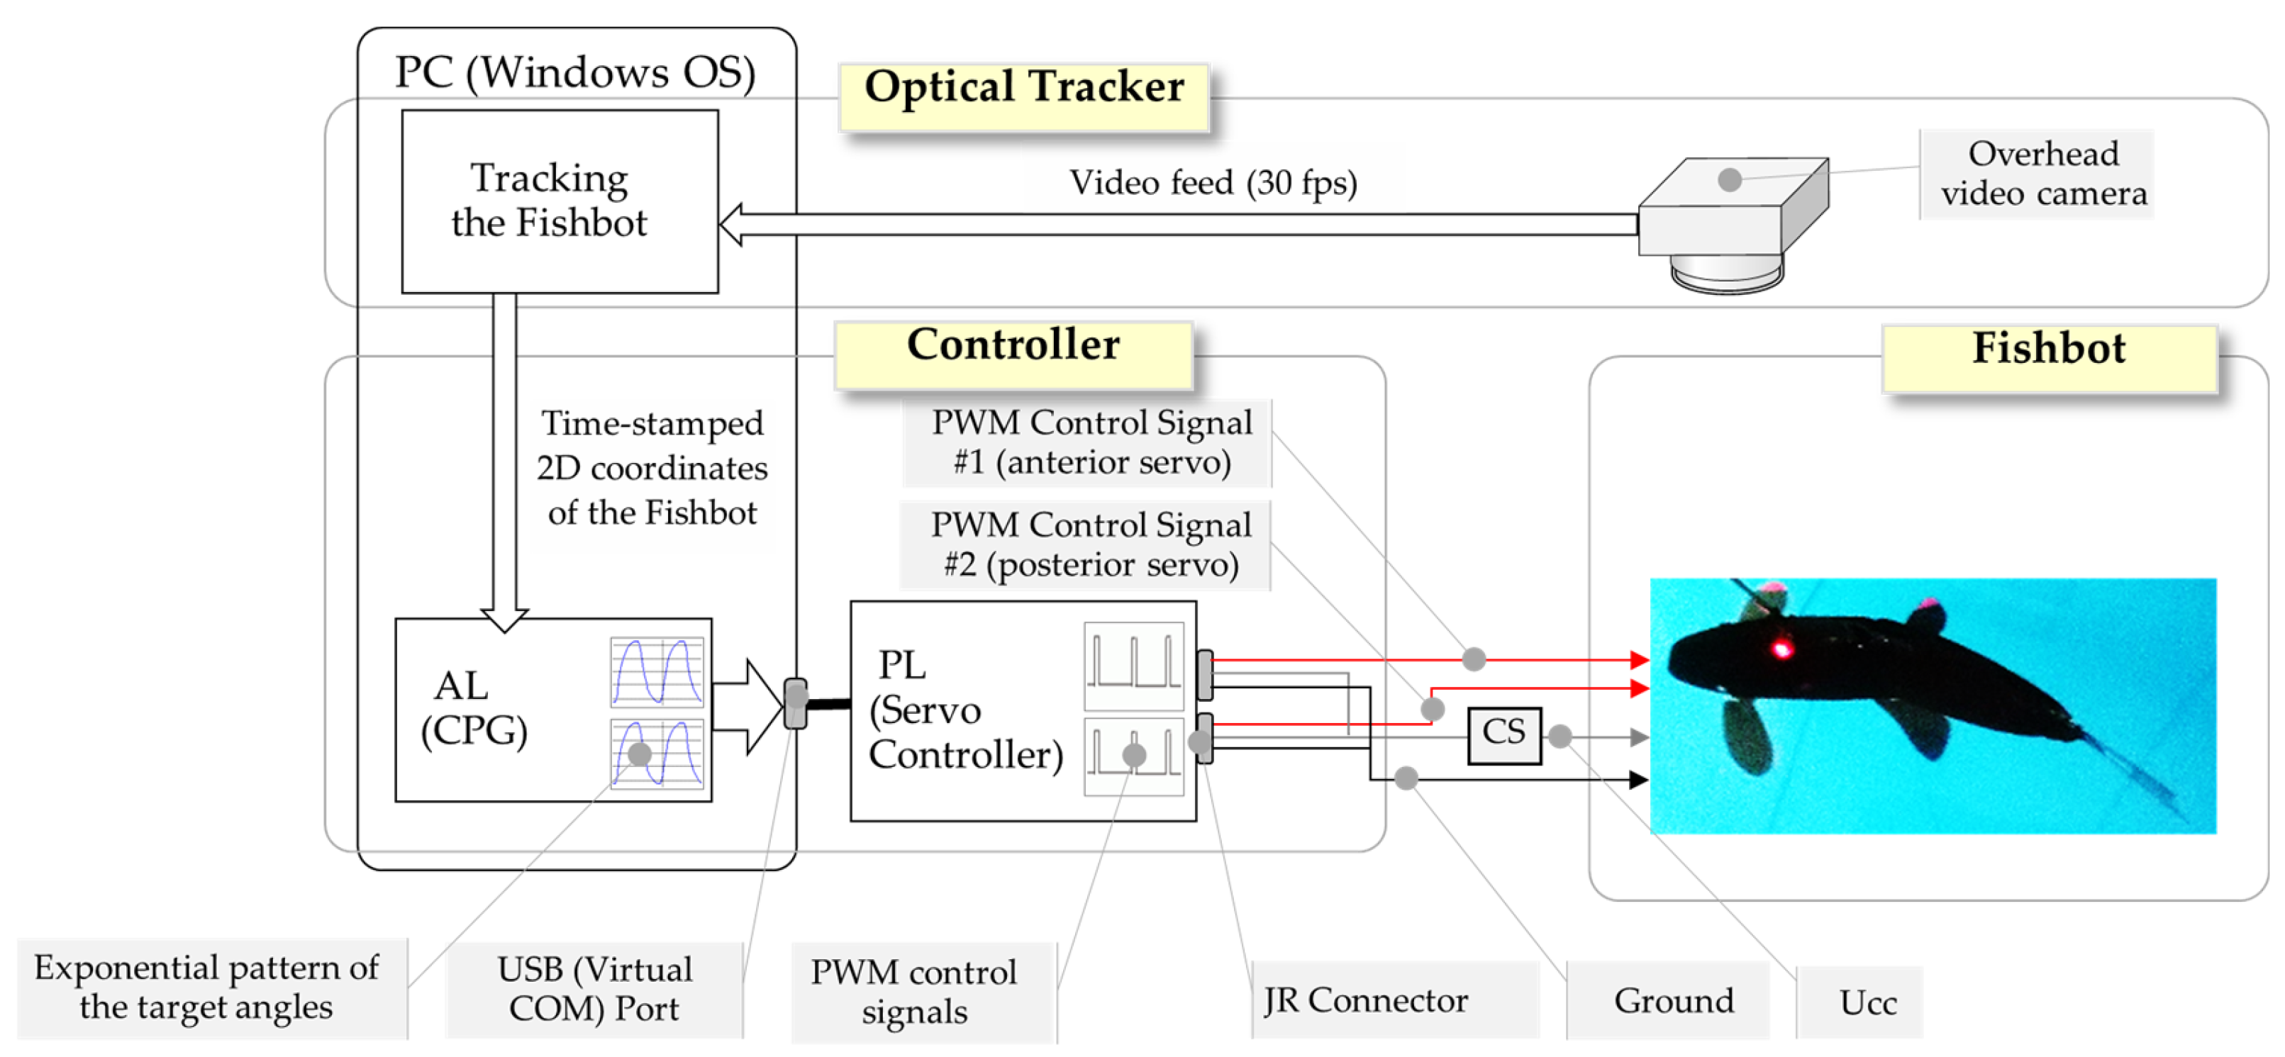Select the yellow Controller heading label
1014,354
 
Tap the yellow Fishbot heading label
2049,358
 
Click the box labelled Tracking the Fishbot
560,201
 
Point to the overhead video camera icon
1732,224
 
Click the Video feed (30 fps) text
1213,183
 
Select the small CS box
1504,734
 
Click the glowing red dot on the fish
1782,650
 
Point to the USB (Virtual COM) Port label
594,990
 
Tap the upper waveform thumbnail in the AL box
657,671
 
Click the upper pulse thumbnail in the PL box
1133,666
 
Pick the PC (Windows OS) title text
575,73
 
